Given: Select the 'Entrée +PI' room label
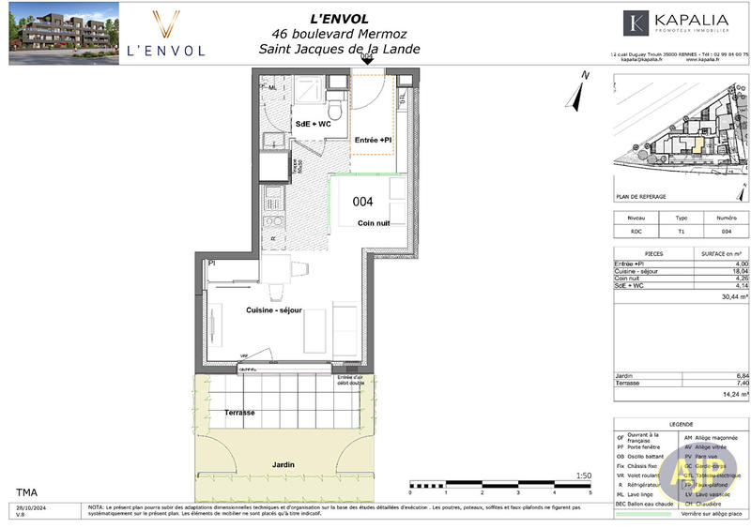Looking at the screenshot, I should [372, 140].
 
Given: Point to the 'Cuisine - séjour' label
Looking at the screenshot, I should [273, 311].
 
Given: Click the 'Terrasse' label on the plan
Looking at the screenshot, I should [239, 413].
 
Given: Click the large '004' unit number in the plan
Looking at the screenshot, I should [363, 202].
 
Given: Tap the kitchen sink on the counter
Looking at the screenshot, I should [274, 199].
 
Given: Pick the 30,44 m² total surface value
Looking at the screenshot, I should [734, 296].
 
